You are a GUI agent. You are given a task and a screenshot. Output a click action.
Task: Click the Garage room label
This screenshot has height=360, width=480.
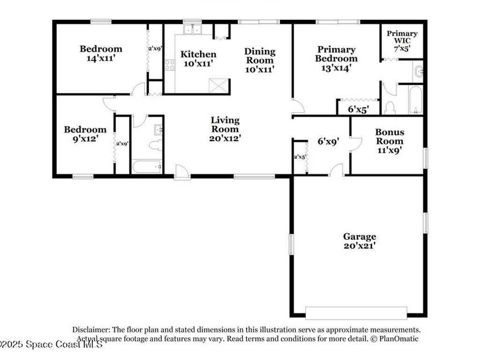pyautogui.click(x=360, y=237)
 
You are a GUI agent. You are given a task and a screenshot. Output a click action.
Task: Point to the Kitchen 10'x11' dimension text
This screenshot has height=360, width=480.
pyautogui.click(x=198, y=63)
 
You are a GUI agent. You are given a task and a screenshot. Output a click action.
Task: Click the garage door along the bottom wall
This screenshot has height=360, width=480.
pyautogui.click(x=356, y=313)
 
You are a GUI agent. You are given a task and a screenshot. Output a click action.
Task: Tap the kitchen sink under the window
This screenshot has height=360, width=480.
pyautogui.click(x=192, y=30)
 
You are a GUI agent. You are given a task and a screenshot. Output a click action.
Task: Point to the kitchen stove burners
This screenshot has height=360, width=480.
pyautogui.click(x=170, y=65)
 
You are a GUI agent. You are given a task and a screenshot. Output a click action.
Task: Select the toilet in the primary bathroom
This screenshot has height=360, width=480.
pyautogui.click(x=390, y=108)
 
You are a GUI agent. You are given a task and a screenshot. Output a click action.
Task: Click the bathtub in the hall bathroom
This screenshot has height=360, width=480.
pyautogui.click(x=147, y=166)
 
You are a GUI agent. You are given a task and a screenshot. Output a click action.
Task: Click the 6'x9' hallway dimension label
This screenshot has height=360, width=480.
pyautogui.click(x=328, y=140)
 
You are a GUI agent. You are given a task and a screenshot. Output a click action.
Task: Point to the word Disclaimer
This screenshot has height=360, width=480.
pyautogui.click(x=90, y=330)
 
